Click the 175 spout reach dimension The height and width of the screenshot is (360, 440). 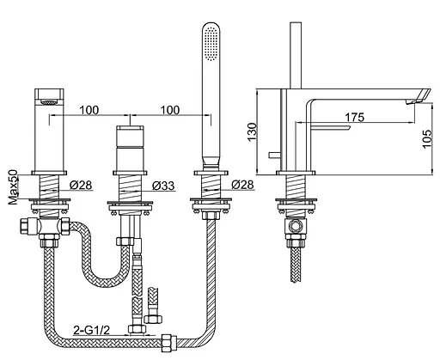click(x=354, y=117)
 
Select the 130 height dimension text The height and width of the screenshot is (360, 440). click(x=252, y=132)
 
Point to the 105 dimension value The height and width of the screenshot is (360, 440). click(x=427, y=138)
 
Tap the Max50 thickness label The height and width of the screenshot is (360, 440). click(x=13, y=187)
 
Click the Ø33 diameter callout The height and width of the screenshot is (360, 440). click(x=163, y=186)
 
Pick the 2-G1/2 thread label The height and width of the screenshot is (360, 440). click(x=92, y=330)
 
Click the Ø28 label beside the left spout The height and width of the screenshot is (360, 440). click(x=81, y=185)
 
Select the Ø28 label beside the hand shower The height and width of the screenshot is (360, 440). click(x=242, y=185)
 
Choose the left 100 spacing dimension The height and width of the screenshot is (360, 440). click(x=89, y=110)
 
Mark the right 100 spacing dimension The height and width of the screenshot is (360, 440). click(x=170, y=110)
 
